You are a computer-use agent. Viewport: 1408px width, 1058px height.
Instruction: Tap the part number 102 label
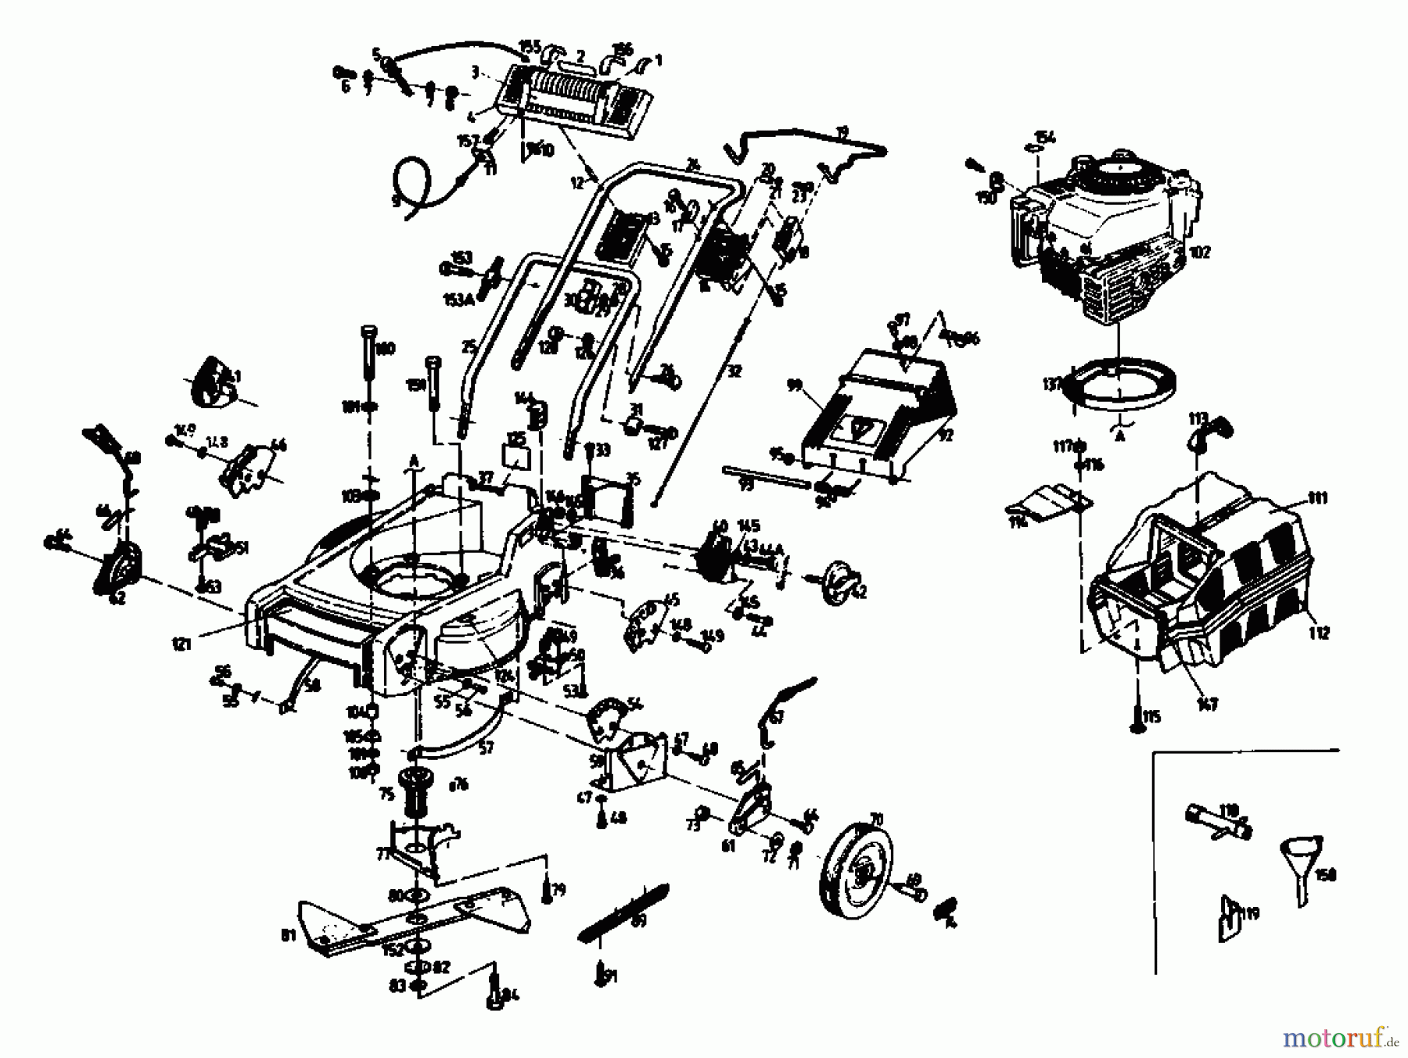click(x=1198, y=253)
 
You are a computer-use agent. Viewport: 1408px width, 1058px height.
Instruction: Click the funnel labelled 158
click(x=1300, y=864)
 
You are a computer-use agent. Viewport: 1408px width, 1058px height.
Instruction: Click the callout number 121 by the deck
click(x=181, y=645)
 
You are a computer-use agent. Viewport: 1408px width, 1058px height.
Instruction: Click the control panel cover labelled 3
click(x=571, y=102)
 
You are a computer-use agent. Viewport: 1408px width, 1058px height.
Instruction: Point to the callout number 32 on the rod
click(x=734, y=373)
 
